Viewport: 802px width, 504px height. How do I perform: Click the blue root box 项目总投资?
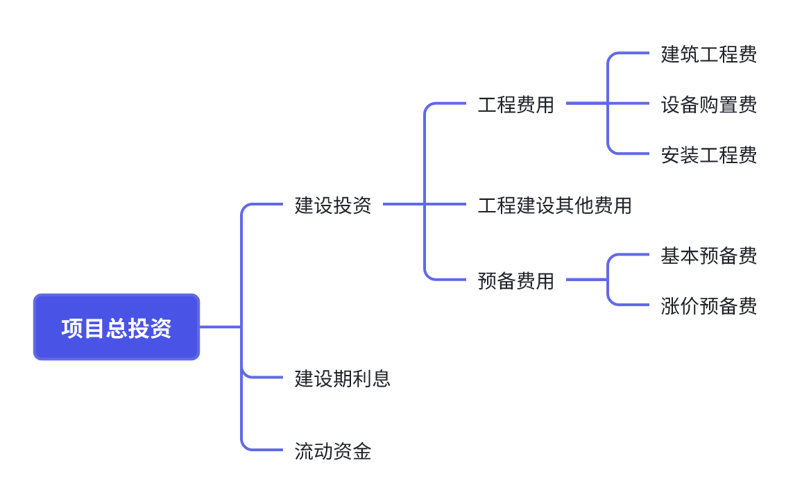click(x=117, y=327)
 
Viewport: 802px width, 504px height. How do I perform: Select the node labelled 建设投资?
click(x=333, y=205)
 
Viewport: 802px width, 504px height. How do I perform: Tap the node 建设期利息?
click(x=343, y=378)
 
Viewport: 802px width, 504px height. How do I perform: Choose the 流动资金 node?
click(x=333, y=451)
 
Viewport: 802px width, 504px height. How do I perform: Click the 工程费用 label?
click(x=516, y=105)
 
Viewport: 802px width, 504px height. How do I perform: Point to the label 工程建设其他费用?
click(x=554, y=205)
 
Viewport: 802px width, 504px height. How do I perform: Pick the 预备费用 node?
click(x=516, y=280)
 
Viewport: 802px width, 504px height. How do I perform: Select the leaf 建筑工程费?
click(x=708, y=54)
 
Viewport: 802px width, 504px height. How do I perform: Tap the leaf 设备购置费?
click(x=708, y=105)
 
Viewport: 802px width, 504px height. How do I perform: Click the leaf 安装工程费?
click(x=708, y=155)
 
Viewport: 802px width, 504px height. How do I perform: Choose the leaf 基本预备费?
click(x=708, y=255)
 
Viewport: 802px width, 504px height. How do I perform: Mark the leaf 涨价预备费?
click(x=708, y=306)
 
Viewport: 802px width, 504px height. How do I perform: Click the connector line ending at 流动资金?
click(x=264, y=450)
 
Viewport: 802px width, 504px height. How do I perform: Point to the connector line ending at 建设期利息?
click(x=264, y=377)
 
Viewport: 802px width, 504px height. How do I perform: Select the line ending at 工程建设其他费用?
click(x=447, y=204)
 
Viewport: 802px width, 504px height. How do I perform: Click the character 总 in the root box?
click(x=117, y=328)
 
